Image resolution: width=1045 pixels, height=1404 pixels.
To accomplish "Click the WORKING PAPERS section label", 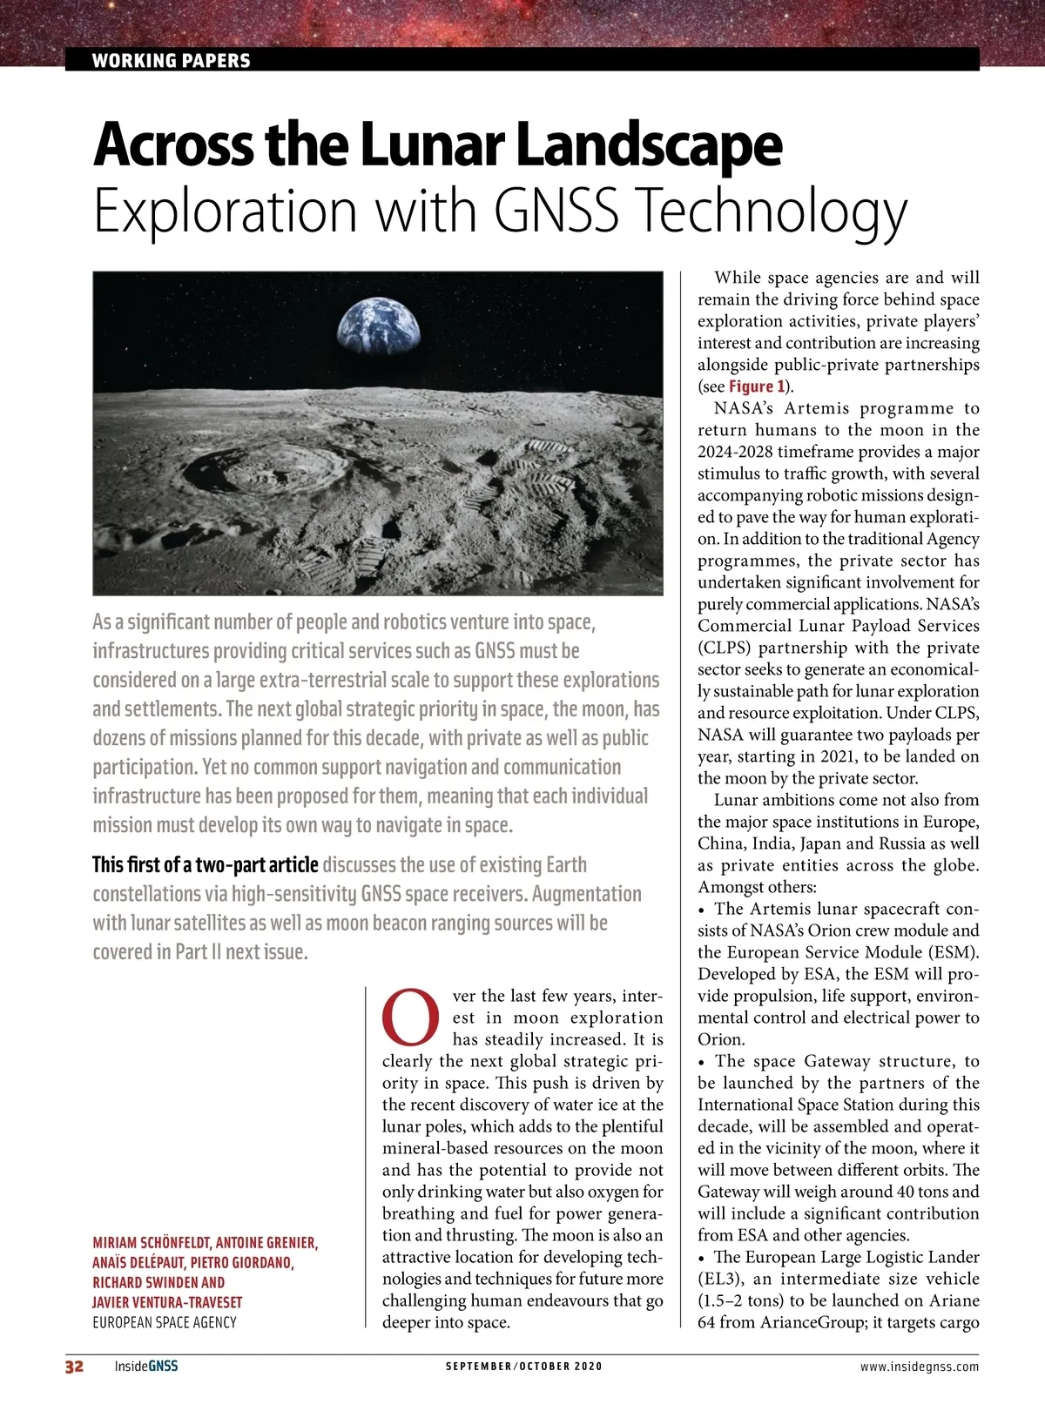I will pos(171,60).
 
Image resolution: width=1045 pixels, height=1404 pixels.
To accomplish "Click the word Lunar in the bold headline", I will pos(435,145).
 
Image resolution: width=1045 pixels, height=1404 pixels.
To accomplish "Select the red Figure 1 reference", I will pos(757,386).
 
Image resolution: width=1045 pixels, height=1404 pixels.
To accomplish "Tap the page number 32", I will pos(75,1366).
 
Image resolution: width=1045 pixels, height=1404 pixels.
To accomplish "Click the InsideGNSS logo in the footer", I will pos(145,1366).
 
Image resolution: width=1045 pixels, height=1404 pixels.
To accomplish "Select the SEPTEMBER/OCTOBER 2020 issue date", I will pos(523,1366).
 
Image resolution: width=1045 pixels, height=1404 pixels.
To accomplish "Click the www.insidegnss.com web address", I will pos(919,1366).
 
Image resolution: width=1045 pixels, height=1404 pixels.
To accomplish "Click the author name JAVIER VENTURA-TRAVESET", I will pos(167,1302).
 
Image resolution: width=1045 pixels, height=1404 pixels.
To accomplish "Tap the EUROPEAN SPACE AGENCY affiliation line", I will pos(165,1322).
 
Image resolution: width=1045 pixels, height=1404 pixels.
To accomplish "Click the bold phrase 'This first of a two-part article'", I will pos(205,864).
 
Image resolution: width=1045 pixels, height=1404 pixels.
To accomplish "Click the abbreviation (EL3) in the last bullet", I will pos(719,1279).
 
